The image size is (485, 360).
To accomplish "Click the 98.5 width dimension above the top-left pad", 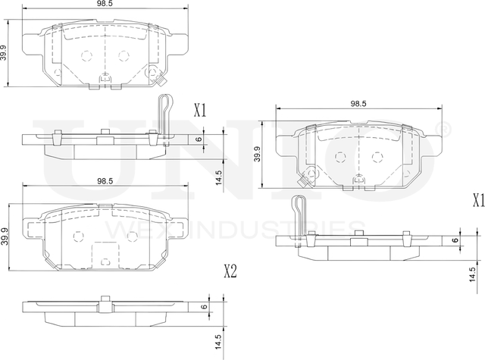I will (x=105, y=5).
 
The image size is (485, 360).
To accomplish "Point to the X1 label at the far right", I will (x=478, y=201).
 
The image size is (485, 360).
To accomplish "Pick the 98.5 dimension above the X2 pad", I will (x=105, y=180).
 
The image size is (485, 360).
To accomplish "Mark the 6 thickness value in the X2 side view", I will (x=204, y=307).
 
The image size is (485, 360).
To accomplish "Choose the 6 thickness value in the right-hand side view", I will (x=455, y=241).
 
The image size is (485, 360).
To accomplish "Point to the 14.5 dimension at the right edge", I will (x=472, y=272).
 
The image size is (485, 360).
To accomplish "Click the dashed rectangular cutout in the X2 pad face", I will (x=105, y=252).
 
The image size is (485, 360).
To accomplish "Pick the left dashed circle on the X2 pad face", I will (x=77, y=236).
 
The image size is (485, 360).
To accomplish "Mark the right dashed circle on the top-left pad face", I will (x=123, y=56).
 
